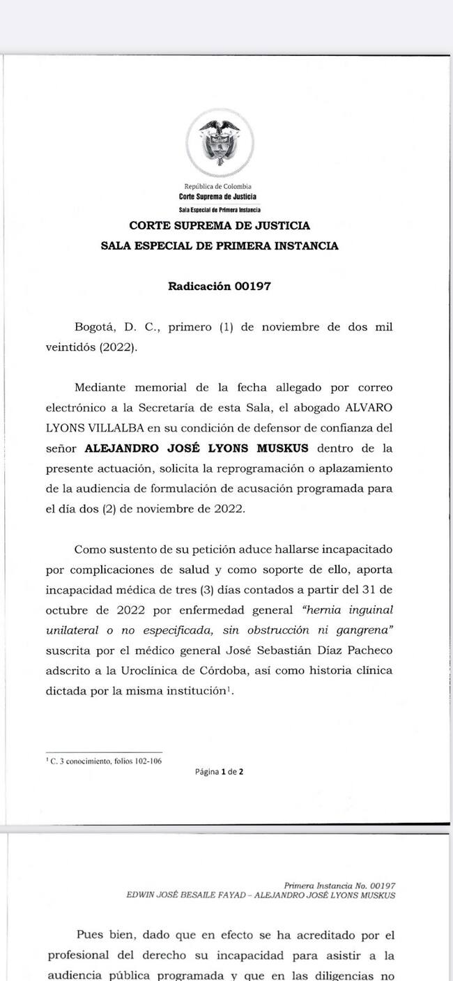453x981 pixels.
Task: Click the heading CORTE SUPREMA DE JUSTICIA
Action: coord(220,226)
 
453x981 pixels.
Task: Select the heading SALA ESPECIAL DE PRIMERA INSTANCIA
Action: coord(220,246)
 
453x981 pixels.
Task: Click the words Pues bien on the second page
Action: coord(104,934)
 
